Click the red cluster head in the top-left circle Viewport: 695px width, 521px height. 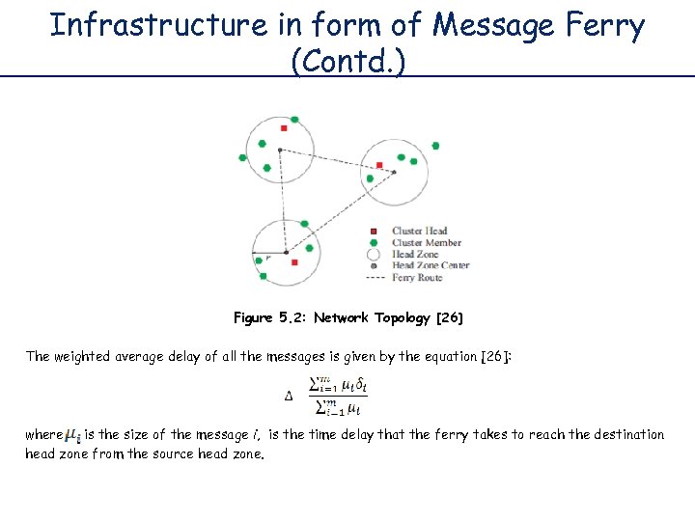[283, 128]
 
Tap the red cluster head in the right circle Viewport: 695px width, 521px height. [379, 165]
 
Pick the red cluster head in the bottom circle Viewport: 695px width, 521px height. [294, 261]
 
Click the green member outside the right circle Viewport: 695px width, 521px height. [435, 146]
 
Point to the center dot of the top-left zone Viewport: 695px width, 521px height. [280, 150]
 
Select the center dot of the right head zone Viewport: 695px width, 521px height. [394, 173]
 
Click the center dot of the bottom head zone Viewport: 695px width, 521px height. [286, 251]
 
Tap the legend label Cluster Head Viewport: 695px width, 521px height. [419, 232]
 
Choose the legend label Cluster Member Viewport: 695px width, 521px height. [427, 243]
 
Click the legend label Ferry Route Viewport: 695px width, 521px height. [417, 277]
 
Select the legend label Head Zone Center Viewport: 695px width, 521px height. [431, 265]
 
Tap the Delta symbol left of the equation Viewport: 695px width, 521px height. [288, 396]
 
